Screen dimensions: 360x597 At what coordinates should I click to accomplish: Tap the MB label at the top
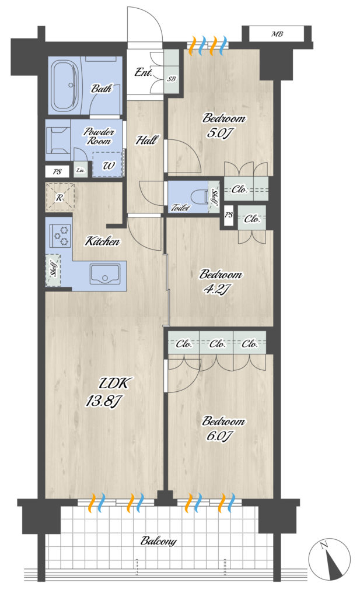277,34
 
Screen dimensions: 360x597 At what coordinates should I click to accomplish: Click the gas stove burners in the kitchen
60,236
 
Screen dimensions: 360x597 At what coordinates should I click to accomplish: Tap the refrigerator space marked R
60,198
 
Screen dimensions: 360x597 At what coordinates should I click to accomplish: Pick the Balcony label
159,540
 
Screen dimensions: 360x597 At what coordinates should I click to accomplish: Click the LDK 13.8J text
109,392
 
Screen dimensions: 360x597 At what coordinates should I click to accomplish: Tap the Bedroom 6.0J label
223,429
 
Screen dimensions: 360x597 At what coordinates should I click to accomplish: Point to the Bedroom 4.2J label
220,282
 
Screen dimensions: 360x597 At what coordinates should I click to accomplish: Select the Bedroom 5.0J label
223,126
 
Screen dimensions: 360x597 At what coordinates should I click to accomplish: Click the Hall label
146,140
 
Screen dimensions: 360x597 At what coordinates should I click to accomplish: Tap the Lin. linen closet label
81,171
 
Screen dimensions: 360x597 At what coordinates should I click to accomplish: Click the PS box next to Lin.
57,172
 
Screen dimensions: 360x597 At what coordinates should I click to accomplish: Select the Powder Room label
99,136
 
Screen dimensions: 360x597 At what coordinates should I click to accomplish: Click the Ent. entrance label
143,72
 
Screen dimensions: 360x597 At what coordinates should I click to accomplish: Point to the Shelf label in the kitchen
54,270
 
